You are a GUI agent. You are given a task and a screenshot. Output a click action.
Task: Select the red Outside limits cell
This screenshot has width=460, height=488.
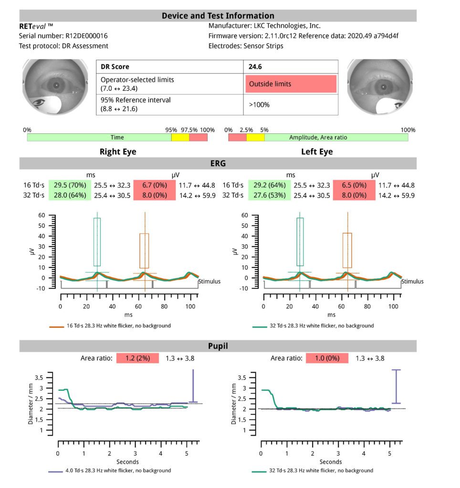tap(291, 84)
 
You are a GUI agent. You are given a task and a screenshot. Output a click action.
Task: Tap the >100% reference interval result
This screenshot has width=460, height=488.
tap(260, 104)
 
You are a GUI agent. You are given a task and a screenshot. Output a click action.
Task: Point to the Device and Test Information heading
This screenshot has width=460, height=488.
tap(218, 16)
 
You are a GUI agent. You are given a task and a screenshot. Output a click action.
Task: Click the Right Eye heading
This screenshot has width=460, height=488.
tap(117, 152)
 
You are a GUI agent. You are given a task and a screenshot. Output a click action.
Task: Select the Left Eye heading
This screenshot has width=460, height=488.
tap(317, 152)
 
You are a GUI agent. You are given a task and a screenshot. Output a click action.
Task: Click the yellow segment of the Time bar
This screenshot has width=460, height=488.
tap(180, 137)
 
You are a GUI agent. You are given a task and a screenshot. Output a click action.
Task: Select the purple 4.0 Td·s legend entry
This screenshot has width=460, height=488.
tap(110, 470)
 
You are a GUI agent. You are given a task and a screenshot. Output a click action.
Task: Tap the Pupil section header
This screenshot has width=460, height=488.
tap(218, 346)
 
